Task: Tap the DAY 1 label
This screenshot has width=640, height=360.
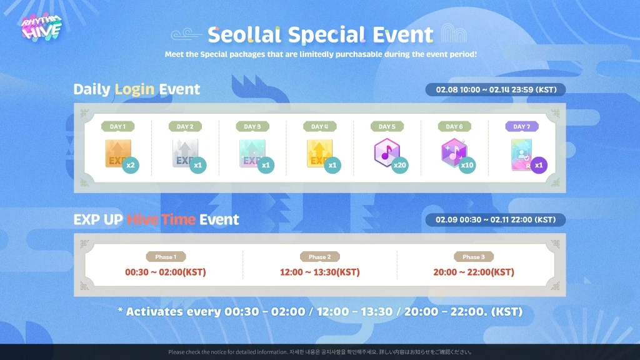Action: [117, 127]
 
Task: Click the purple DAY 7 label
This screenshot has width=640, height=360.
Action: [521, 127]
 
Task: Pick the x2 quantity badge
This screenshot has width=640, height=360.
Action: [131, 166]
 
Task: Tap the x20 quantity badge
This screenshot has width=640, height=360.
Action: [401, 166]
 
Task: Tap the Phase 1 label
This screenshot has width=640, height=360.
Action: [166, 257]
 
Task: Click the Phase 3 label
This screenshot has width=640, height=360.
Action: [474, 257]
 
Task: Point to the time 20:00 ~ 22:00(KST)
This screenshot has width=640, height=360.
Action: [474, 272]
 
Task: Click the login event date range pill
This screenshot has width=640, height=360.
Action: [495, 89]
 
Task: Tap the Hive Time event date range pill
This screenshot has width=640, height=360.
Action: [495, 220]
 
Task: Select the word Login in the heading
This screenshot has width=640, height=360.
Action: [134, 89]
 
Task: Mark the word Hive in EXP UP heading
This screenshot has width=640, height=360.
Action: [142, 220]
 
